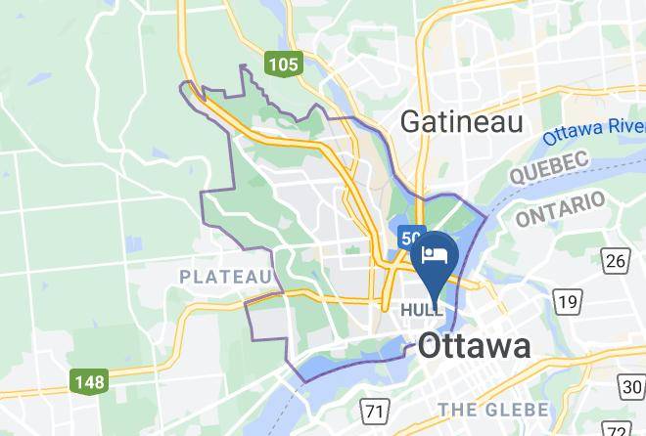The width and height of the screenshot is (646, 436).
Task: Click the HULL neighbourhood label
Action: (x=422, y=310)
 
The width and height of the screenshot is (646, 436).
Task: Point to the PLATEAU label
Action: (x=224, y=278)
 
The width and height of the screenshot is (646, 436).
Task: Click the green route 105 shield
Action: (x=283, y=65)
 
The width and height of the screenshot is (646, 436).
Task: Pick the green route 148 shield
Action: (x=88, y=381)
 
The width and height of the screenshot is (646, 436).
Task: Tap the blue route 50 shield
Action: (x=410, y=238)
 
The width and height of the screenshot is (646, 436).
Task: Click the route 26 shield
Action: (x=615, y=260)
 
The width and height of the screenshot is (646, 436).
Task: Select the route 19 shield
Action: (x=567, y=302)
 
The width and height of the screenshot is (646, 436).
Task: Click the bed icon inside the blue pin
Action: (x=433, y=255)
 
